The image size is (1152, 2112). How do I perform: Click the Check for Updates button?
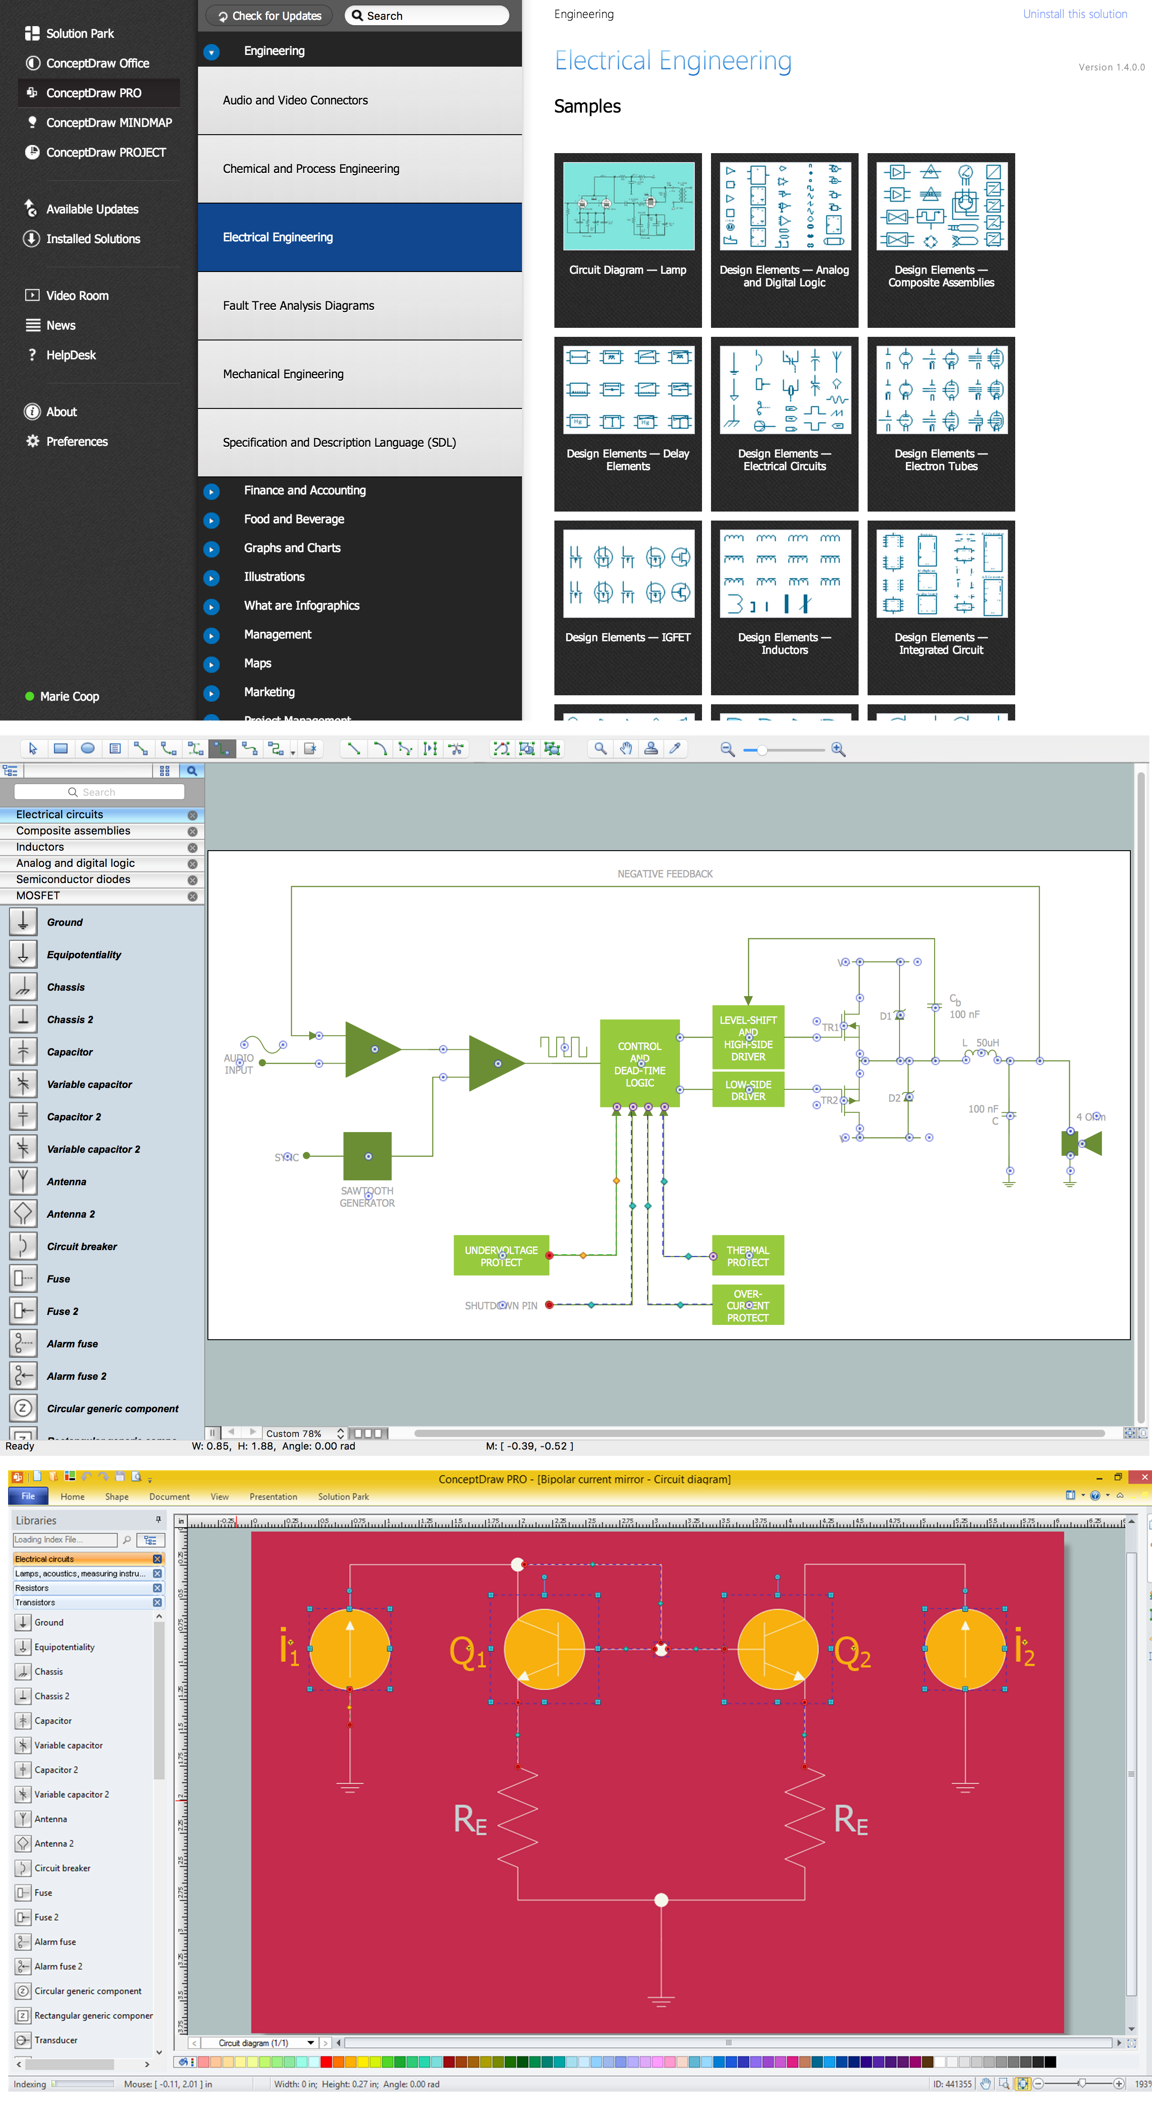[270, 16]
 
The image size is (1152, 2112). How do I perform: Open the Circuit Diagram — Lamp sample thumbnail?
[628, 207]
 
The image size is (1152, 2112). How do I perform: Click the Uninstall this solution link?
[1074, 14]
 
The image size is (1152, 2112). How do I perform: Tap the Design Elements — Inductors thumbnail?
[784, 574]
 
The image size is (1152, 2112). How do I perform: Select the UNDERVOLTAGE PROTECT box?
[500, 1255]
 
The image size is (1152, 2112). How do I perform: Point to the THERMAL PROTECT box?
[747, 1255]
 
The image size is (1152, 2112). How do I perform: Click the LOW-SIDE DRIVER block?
[747, 1090]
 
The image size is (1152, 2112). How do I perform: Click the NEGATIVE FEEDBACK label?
[665, 874]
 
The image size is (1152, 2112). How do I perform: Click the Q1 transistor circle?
[544, 1649]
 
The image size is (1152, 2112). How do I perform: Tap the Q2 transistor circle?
[778, 1649]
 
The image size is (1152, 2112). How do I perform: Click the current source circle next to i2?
[964, 1649]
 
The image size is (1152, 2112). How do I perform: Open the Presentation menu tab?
[273, 1496]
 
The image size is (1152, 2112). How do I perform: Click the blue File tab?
[28, 1496]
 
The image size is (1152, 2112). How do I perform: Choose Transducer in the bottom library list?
[56, 2040]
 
